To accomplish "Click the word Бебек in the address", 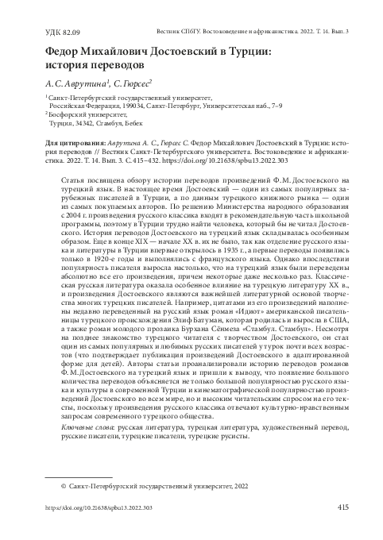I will pos(132,125).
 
